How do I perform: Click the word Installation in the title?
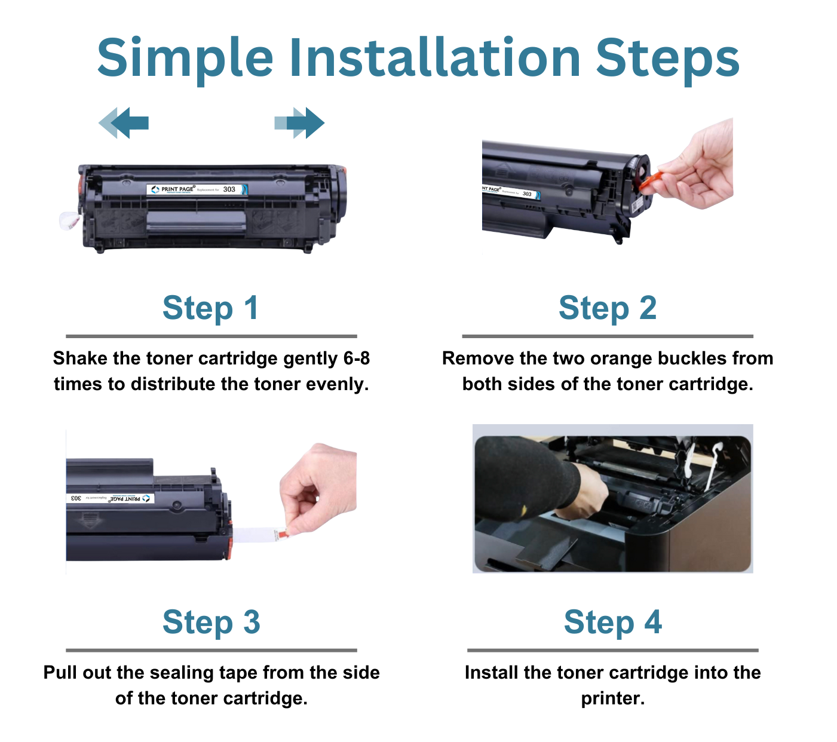coord(435,58)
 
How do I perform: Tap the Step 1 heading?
coord(210,308)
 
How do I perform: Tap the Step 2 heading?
coord(607,308)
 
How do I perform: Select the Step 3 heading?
coord(211,623)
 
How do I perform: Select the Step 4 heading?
coord(612,623)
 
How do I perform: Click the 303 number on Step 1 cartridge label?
coord(229,189)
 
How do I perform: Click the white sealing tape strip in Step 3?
coord(254,535)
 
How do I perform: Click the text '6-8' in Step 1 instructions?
coord(357,358)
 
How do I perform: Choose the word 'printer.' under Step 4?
coord(612,698)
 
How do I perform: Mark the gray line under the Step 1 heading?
coord(211,336)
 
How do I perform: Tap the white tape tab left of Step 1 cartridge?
coord(69,221)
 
